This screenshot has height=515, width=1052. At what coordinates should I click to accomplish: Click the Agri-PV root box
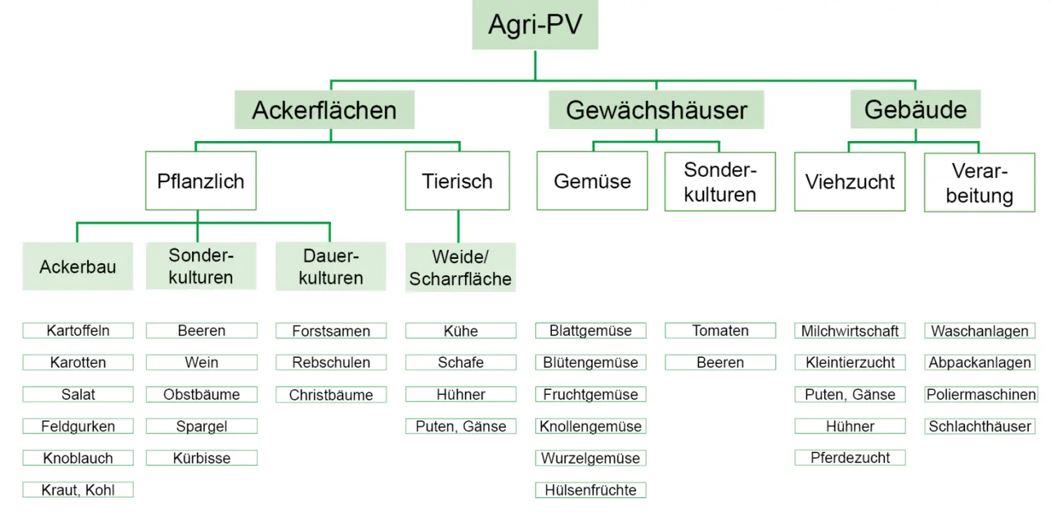tap(534, 25)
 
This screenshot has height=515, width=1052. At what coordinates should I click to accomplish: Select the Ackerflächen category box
tap(324, 110)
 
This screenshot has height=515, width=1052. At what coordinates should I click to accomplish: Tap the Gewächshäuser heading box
tap(656, 110)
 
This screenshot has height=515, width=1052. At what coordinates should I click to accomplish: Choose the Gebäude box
tap(915, 109)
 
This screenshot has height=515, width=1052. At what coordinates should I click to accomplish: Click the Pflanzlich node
tap(201, 181)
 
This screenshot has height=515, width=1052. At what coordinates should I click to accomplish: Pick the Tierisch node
tap(457, 181)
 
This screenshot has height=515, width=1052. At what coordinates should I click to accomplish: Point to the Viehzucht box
tap(849, 182)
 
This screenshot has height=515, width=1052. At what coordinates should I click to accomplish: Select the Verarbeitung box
tap(979, 182)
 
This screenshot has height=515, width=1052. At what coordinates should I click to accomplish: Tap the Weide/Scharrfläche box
tap(460, 267)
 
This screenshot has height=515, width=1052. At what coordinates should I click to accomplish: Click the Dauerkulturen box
tap(330, 267)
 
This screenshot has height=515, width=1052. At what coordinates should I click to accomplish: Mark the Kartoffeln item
tap(78, 330)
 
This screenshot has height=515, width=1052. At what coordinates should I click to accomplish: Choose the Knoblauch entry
tap(78, 458)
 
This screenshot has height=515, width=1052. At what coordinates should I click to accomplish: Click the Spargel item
tap(201, 426)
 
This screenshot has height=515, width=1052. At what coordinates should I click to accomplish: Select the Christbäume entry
tap(330, 394)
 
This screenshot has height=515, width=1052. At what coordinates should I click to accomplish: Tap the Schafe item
tap(461, 363)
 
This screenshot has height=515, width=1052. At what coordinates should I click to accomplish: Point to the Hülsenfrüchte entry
tap(591, 490)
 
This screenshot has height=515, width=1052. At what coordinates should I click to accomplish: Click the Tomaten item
tap(720, 330)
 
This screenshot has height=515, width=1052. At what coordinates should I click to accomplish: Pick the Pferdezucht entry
tap(850, 457)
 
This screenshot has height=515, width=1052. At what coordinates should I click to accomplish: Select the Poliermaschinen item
tap(980, 394)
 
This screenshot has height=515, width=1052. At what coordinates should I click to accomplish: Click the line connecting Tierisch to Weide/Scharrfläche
tap(459, 226)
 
